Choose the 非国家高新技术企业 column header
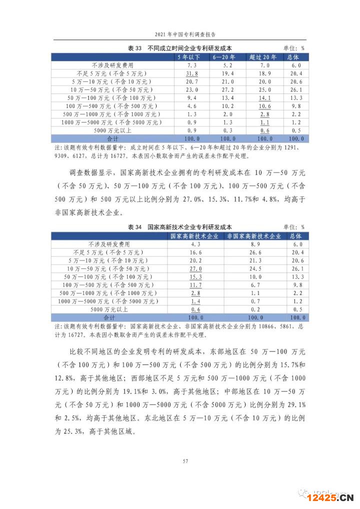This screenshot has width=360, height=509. click(x=255, y=236)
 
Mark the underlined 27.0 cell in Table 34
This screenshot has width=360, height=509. click(x=195, y=268)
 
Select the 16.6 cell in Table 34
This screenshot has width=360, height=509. click(x=195, y=252)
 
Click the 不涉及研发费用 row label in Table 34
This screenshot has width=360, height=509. click(x=109, y=244)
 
